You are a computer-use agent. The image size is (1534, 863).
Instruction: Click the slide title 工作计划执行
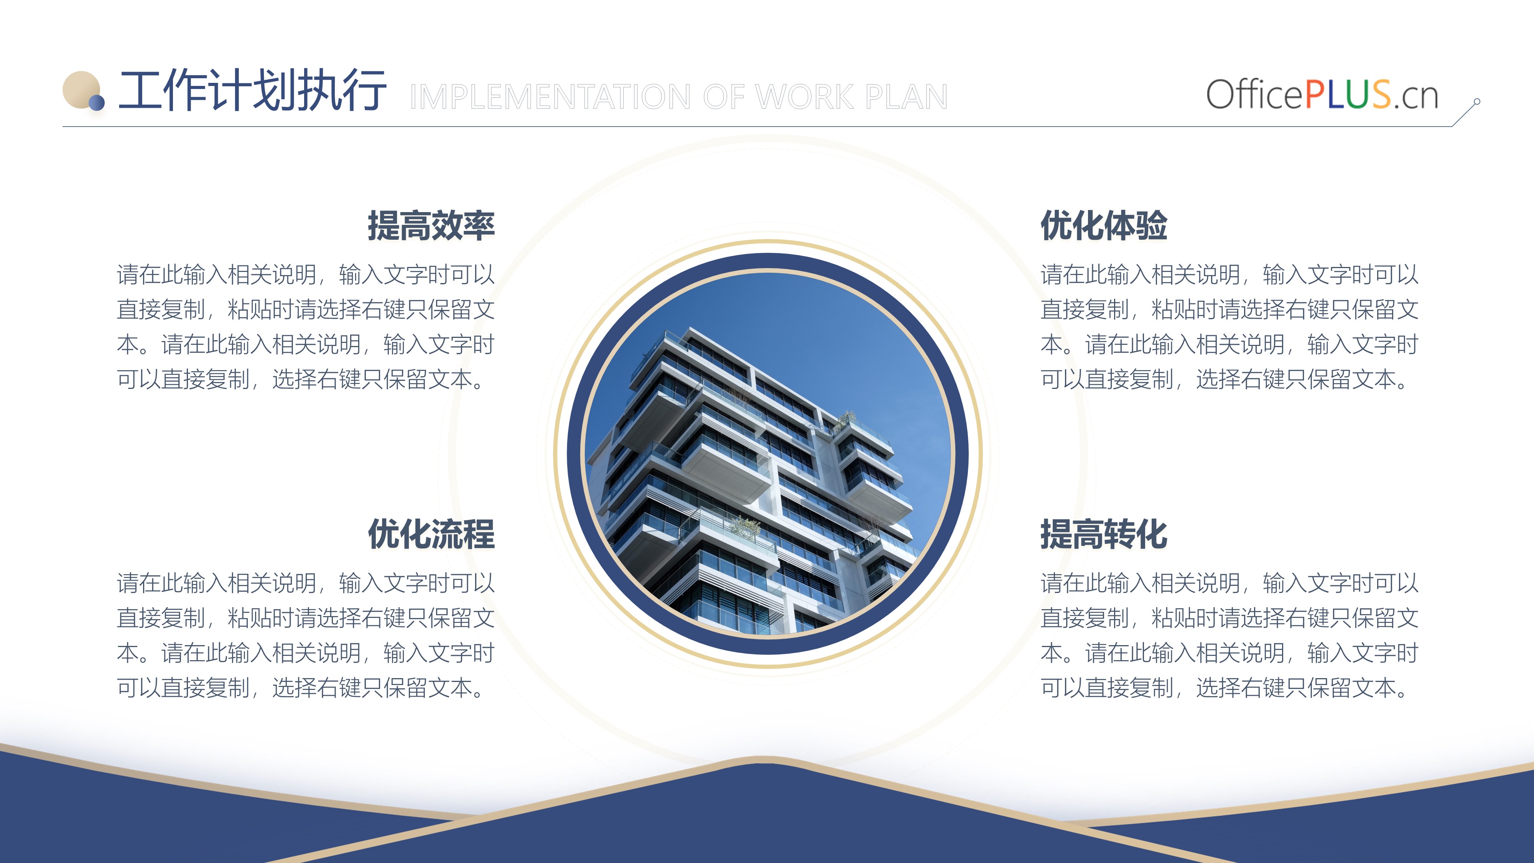tap(252, 91)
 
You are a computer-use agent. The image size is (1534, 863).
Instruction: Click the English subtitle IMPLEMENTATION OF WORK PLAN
tap(679, 97)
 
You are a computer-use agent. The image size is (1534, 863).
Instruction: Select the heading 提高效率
tap(431, 226)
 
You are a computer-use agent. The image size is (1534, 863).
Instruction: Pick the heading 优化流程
tap(431, 534)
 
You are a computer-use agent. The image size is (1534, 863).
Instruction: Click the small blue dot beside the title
tap(97, 103)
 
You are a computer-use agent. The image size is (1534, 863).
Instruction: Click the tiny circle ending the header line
tap(1477, 102)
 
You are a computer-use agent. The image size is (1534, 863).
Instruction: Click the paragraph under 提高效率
tap(306, 326)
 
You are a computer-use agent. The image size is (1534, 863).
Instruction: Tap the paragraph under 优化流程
tap(306, 635)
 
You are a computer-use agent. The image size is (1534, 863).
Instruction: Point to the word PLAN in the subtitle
tap(906, 97)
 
